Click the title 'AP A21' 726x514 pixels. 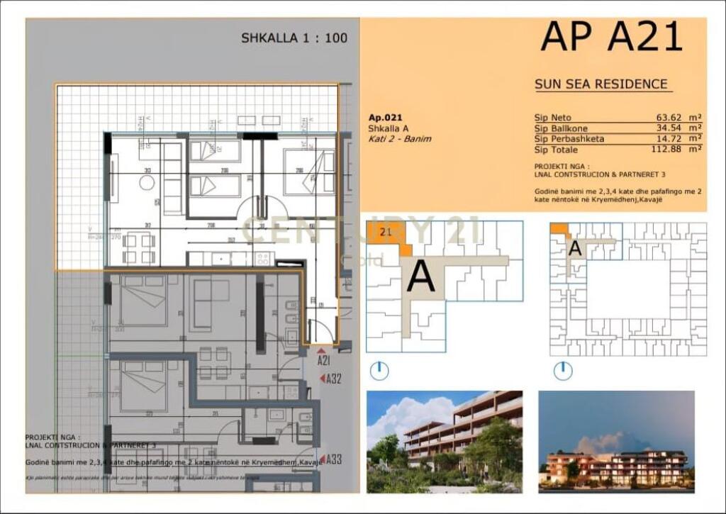click(x=611, y=37)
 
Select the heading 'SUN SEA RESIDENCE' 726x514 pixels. click(x=601, y=84)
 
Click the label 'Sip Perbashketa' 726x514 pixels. click(x=569, y=139)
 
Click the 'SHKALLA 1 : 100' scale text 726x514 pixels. click(x=294, y=38)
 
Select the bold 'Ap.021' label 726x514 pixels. click(x=385, y=118)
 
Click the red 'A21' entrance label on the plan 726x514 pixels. click(x=324, y=361)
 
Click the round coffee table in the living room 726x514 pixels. click(x=147, y=182)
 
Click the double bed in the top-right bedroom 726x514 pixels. click(x=309, y=172)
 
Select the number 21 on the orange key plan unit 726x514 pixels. click(x=386, y=231)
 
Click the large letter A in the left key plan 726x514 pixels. click(x=420, y=276)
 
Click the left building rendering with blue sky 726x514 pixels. click(x=445, y=441)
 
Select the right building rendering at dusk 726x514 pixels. click(x=616, y=441)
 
